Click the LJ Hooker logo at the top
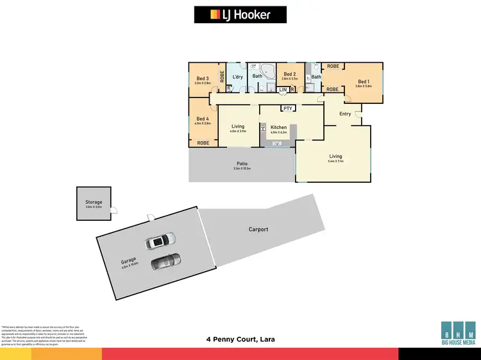point(240,15)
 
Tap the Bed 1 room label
point(364,81)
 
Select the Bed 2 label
point(289,74)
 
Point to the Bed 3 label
point(203,79)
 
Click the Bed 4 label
point(203,119)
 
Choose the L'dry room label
point(237,77)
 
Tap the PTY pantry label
point(288,108)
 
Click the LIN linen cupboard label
point(283,90)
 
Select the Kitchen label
point(278,128)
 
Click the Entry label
point(345,114)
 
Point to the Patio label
point(242,164)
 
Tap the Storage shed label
point(94,202)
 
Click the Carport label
point(258,229)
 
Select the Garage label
point(129,262)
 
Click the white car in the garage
point(158,241)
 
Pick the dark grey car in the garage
point(165,261)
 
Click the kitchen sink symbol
point(278,142)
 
